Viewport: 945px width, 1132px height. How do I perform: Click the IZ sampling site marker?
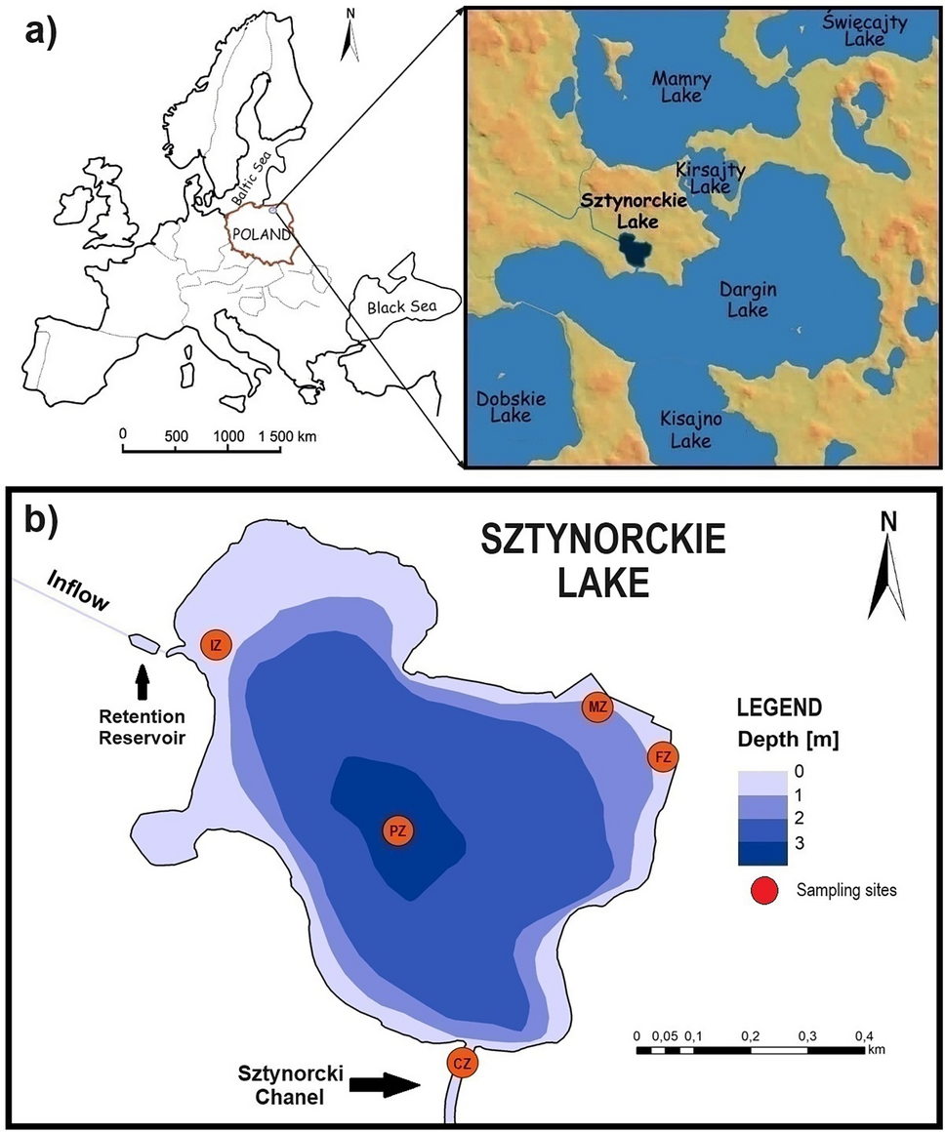(216, 644)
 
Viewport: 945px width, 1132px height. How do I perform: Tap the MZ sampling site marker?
(597, 708)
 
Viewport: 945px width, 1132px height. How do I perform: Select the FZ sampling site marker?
(663, 756)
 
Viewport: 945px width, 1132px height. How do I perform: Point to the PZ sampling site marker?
(397, 830)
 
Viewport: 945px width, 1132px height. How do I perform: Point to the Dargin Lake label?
(744, 299)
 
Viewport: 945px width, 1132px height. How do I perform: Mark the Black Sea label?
(399, 308)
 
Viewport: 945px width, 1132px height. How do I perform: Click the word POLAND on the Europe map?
(259, 235)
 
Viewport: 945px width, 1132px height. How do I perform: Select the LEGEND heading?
(780, 707)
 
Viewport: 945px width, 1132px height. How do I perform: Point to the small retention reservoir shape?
(143, 642)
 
